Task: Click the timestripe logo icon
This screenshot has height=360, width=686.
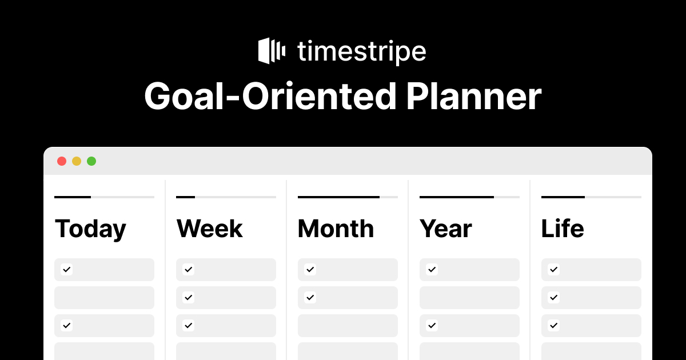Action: point(272,51)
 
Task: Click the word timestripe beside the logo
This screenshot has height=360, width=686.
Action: point(362,52)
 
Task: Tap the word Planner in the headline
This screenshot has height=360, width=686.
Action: point(474,96)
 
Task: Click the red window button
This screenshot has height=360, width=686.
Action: point(62,161)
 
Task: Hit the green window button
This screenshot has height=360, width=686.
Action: point(91,161)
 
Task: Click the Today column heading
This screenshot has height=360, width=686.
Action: point(90,229)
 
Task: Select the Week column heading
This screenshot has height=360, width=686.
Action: point(210,229)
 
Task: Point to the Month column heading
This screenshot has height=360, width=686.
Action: point(336,229)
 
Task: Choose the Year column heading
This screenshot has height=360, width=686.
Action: point(445,229)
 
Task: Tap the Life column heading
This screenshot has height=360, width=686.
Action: point(563,228)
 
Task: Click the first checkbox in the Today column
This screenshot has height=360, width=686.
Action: point(66,269)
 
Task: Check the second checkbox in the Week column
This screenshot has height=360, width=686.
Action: point(188,297)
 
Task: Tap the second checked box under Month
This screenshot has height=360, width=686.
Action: point(310,297)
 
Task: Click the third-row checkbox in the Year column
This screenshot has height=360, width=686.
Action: point(432,325)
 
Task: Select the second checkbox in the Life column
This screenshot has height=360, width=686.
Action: point(554,297)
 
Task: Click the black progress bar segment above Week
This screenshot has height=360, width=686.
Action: point(186,197)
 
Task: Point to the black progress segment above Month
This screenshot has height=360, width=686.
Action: point(338,197)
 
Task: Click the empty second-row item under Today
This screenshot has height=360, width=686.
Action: point(105,298)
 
